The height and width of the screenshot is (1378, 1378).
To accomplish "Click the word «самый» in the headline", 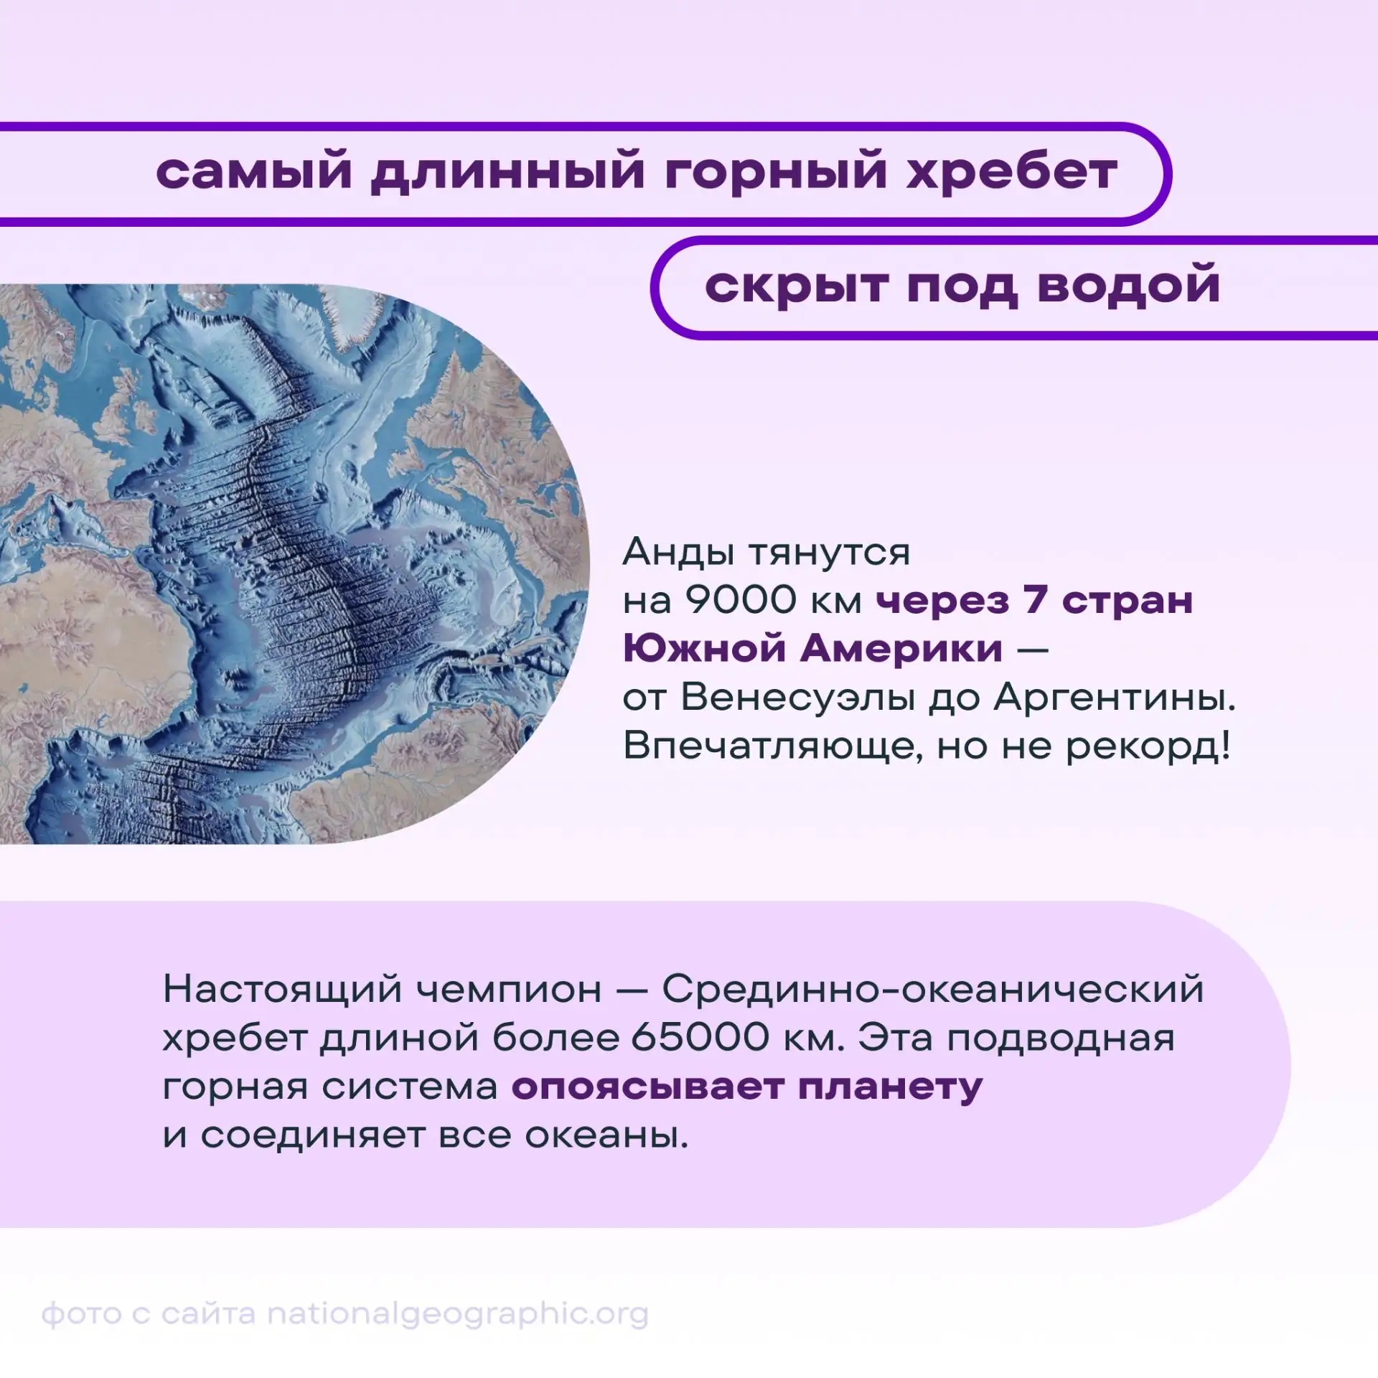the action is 254,173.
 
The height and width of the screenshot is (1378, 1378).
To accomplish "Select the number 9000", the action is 741,599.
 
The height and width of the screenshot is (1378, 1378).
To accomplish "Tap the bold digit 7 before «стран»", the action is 1034,599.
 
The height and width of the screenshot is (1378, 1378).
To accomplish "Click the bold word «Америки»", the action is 901,648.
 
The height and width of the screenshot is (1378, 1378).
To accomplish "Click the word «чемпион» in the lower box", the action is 509,990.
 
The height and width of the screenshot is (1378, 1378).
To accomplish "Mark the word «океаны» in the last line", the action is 606,1135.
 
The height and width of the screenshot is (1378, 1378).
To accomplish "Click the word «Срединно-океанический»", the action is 932,990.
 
